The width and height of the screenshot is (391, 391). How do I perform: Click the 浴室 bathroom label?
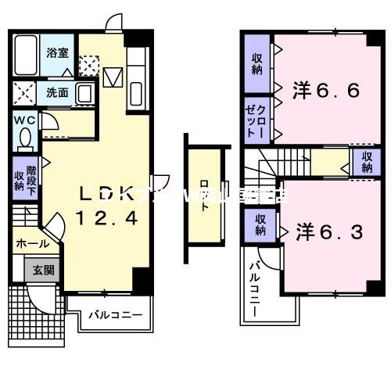(x=56, y=53)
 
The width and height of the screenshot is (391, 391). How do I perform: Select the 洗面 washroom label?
(x=56, y=92)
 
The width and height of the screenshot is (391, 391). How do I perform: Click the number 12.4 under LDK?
(x=106, y=220)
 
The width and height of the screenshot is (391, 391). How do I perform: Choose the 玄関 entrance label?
(x=43, y=271)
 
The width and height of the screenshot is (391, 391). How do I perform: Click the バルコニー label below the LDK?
(x=114, y=315)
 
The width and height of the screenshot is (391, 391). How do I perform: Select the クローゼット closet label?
(x=256, y=120)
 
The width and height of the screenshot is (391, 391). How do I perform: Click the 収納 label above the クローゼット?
(x=256, y=64)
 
